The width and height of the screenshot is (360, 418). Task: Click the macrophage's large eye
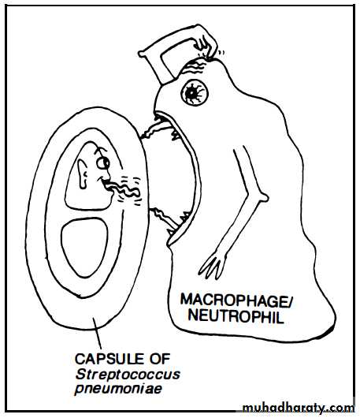195,92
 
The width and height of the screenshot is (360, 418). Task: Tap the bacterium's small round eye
102,163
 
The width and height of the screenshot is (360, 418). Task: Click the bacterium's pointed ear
83,174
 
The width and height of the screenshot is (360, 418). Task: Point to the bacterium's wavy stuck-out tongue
121,189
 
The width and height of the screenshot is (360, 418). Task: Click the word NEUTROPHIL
236,317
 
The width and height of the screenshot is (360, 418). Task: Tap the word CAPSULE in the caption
110,359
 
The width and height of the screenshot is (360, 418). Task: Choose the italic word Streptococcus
128,375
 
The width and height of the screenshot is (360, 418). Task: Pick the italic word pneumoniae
118,389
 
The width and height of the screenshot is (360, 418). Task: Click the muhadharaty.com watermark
298,408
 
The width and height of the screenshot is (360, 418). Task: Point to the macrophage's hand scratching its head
206,43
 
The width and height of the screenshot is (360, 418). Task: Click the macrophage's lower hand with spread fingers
213,264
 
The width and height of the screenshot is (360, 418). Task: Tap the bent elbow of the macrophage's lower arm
262,196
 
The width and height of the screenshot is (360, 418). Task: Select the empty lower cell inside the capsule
84,247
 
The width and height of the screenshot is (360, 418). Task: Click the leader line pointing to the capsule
97,334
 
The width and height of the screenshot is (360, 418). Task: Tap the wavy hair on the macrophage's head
195,65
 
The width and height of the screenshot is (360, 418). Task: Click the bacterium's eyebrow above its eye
101,151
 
